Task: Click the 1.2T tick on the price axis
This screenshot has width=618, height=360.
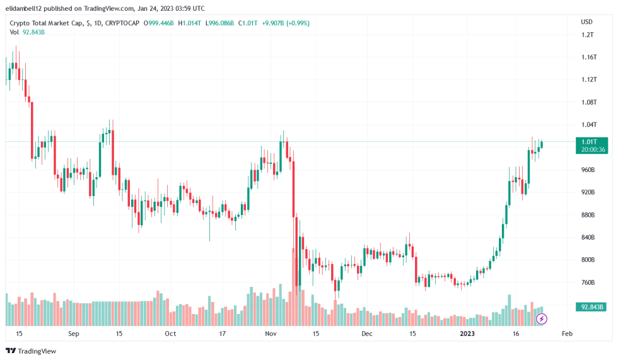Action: (588, 35)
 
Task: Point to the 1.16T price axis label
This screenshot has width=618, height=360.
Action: (589, 57)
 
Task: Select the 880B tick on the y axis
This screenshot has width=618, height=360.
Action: (588, 215)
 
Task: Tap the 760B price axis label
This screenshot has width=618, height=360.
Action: (588, 282)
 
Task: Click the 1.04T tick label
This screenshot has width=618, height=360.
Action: (589, 125)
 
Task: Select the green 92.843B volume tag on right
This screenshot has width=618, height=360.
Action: (593, 307)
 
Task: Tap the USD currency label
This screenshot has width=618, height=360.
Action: (586, 22)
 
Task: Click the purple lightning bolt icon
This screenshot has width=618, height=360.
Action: (541, 319)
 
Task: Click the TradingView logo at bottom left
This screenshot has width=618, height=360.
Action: (31, 351)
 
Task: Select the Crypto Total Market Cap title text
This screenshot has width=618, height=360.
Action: (47, 23)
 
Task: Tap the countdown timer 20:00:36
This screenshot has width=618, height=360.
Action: (593, 149)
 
